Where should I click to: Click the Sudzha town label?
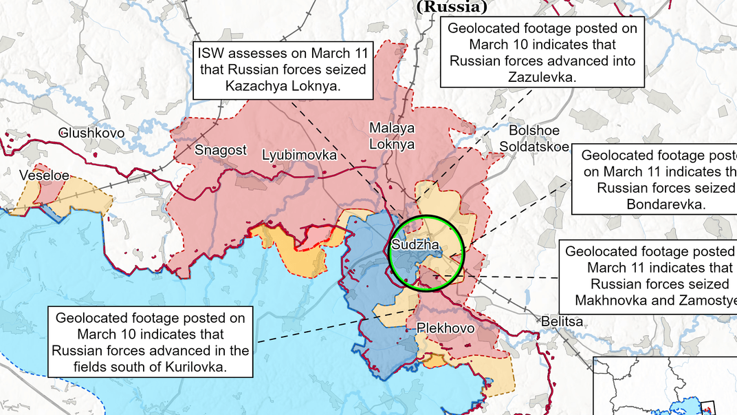411,245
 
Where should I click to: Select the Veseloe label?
44,175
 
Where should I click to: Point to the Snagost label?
220,150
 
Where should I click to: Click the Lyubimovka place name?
300,156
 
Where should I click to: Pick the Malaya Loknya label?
392,136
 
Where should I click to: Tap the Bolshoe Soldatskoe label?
534,138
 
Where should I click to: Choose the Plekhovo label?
445,329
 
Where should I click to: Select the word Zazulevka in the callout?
542,77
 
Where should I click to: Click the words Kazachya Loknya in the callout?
283,86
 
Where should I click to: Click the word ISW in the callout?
212,53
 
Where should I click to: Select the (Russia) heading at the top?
452,7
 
